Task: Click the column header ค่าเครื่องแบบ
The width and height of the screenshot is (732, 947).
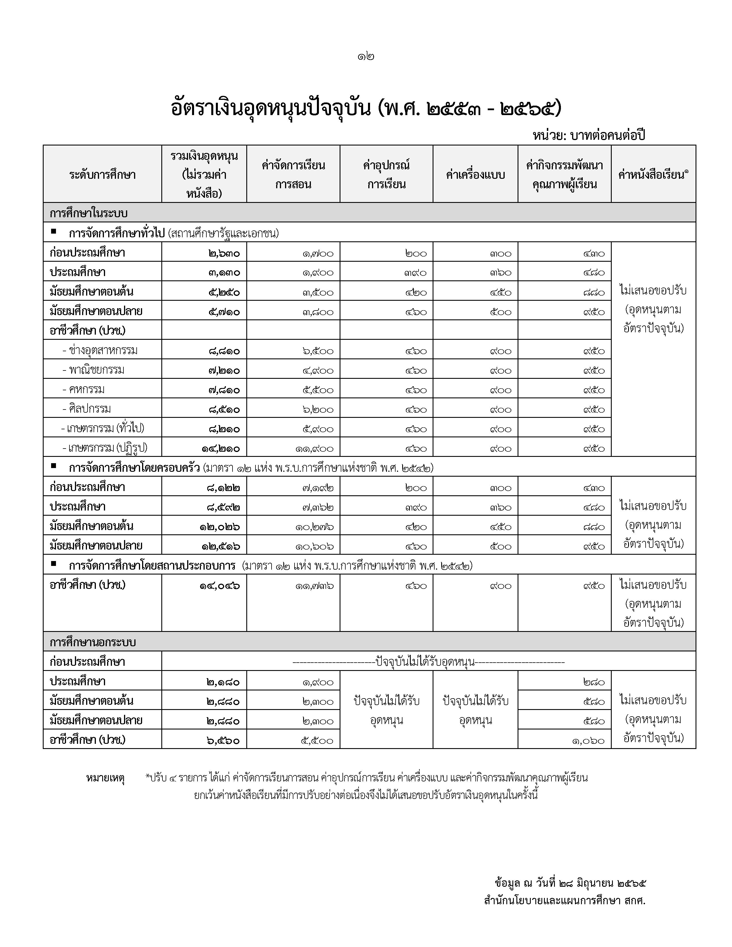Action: pyautogui.click(x=475, y=175)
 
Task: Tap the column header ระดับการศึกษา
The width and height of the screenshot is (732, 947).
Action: pyautogui.click(x=102, y=175)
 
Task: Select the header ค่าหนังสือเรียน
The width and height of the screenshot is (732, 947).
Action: pyautogui.click(x=653, y=175)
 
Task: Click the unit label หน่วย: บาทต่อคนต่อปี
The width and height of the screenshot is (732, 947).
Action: pyautogui.click(x=588, y=135)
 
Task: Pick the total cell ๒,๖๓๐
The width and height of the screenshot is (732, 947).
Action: pyautogui.click(x=224, y=253)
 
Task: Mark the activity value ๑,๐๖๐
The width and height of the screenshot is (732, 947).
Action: pyautogui.click(x=588, y=741)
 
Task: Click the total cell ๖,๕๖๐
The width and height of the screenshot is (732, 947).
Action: pyautogui.click(x=224, y=741)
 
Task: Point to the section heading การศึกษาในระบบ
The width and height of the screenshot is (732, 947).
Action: pyautogui.click(x=88, y=213)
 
